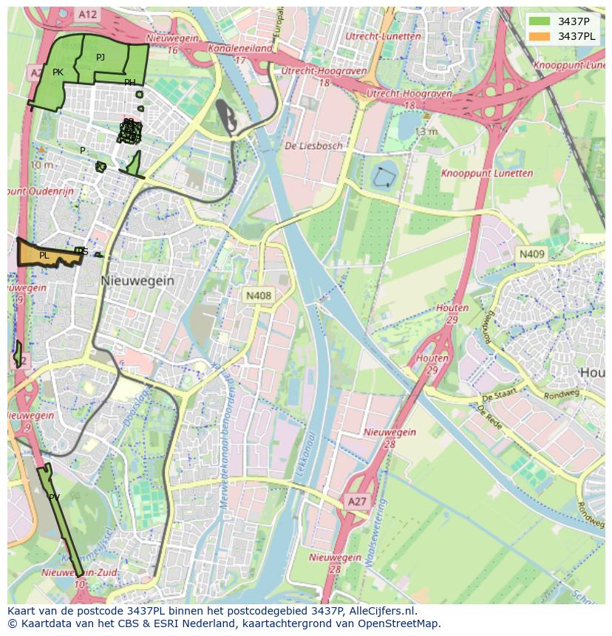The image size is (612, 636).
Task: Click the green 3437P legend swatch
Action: coord(540,21)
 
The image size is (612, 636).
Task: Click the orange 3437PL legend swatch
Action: coord(540,36)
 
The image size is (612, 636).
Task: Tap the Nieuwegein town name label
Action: coord(137,281)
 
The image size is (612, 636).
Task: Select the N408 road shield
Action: coord(259,295)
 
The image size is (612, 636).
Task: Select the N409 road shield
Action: coord(531,254)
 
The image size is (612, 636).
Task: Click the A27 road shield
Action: coord(357,502)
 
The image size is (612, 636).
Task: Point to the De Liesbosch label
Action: coord(313,146)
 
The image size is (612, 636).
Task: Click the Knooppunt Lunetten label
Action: coord(487,174)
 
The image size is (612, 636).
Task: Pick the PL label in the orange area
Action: coord(44,256)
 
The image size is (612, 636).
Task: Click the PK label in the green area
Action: coord(58,72)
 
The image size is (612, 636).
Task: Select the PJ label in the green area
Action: coord(101,57)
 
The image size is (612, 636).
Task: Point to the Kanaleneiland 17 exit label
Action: coord(240,54)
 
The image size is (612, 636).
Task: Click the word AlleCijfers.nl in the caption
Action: coord(380,611)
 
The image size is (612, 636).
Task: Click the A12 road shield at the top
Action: coord(87,14)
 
